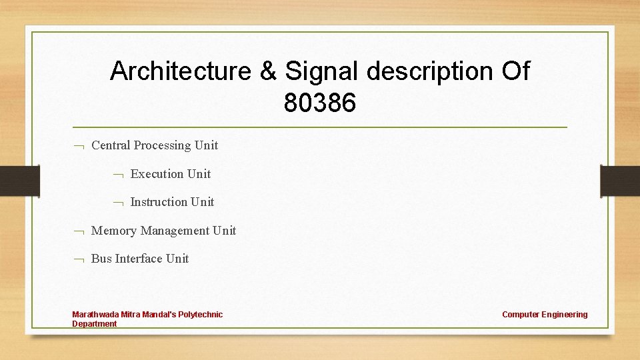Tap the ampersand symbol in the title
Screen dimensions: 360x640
[x=269, y=71]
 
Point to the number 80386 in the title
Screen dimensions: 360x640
[x=320, y=103]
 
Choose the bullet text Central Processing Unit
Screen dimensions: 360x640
[x=155, y=145]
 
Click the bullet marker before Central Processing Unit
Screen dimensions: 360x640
[x=78, y=146]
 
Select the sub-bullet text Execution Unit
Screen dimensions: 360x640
[x=171, y=174]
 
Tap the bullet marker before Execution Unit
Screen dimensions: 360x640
[x=117, y=175]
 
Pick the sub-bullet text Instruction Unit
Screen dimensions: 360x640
[x=172, y=202]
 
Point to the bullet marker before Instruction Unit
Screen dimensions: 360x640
[x=117, y=203]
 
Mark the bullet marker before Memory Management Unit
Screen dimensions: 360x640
[x=78, y=231]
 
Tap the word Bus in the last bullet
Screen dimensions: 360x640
[x=101, y=259]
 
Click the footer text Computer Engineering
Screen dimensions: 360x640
[x=545, y=315]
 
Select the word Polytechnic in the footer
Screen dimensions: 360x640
[x=200, y=315]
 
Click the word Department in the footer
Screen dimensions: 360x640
[x=94, y=324]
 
